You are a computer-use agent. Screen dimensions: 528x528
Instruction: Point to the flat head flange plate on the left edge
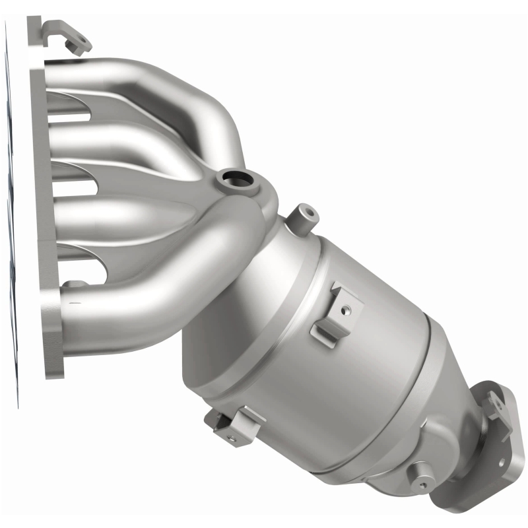coord(33,198)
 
